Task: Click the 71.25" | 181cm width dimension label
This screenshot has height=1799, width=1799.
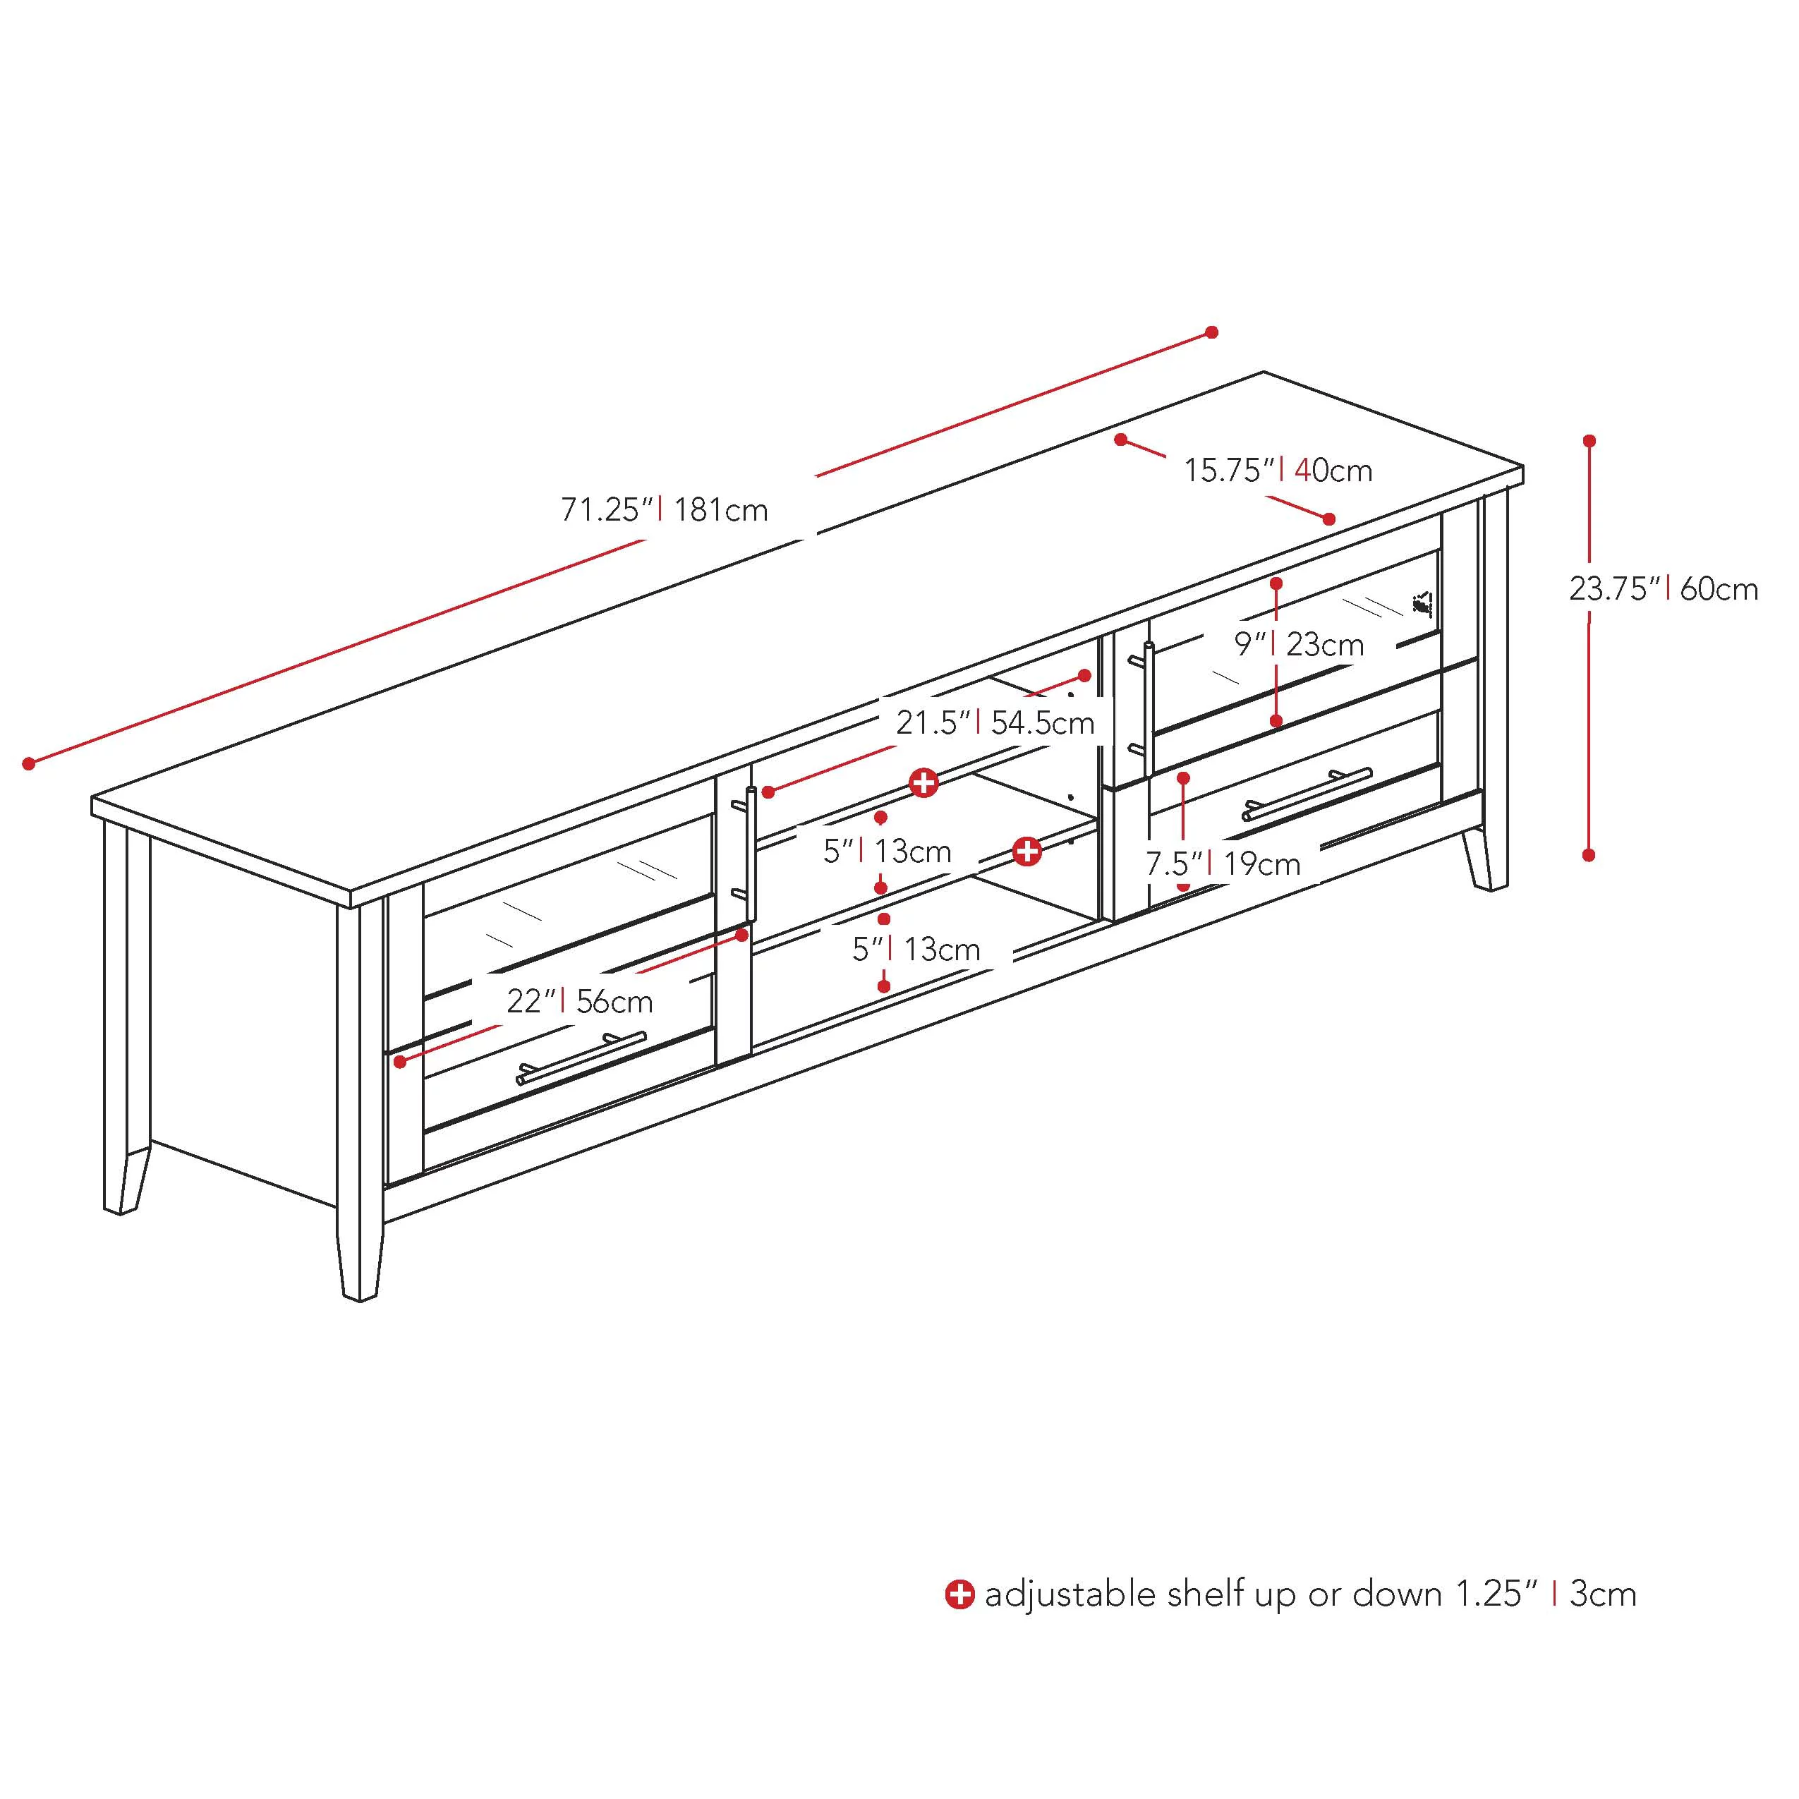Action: coord(664,510)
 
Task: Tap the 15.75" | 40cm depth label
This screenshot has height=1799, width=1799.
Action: coord(1278,471)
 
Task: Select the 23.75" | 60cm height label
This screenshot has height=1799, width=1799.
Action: coord(1663,588)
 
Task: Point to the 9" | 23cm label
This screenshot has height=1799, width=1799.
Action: coord(1298,643)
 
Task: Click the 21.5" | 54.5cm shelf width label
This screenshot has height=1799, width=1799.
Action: coord(995,722)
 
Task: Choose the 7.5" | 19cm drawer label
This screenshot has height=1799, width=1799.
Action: coord(1222,864)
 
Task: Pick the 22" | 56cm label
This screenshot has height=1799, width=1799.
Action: coord(579,1001)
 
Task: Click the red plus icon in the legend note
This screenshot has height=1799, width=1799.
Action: coord(959,1594)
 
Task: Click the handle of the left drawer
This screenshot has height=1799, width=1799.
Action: coord(581,1059)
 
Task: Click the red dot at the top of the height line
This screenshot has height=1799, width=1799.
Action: coord(1589,440)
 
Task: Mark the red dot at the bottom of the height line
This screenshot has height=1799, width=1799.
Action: coord(1589,854)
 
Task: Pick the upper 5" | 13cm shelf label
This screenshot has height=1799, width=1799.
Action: coord(887,850)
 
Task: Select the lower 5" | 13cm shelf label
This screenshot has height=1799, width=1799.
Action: coord(916,949)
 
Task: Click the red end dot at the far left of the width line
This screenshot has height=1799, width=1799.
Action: coord(29,763)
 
